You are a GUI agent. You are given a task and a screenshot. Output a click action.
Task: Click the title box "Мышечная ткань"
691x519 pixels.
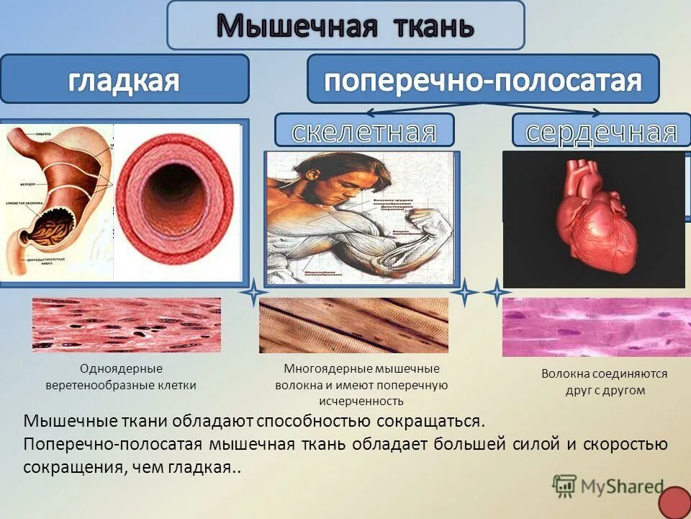click(x=345, y=26)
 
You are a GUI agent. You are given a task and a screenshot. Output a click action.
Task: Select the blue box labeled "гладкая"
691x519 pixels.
click(x=124, y=79)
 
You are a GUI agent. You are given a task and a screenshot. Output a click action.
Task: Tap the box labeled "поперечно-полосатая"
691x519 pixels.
click(x=482, y=79)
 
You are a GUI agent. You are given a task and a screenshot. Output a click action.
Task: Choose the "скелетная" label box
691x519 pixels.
click(x=364, y=130)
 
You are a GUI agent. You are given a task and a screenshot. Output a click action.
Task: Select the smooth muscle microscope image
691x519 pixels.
click(x=127, y=325)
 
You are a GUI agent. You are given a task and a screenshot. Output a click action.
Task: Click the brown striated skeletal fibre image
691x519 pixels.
click(x=353, y=325)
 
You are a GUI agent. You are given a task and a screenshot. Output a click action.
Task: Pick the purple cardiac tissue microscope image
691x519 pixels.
click(x=596, y=327)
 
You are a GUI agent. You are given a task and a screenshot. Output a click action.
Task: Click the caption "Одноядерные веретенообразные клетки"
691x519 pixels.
click(x=121, y=377)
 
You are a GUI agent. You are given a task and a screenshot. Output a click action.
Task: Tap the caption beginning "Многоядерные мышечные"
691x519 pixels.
click(x=361, y=385)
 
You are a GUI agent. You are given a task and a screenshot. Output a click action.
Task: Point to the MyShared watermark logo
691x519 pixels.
click(x=608, y=486)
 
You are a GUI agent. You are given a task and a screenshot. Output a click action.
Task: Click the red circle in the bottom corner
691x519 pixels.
click(x=674, y=502)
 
